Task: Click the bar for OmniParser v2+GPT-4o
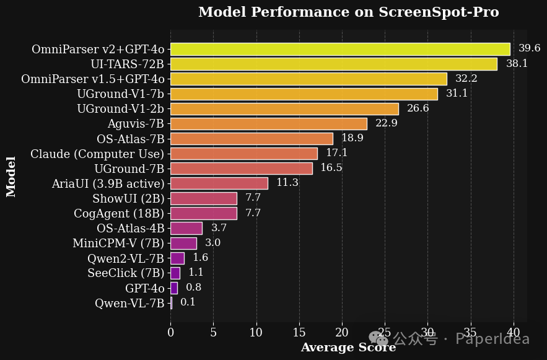tap(340, 49)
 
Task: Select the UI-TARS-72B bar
tap(333, 64)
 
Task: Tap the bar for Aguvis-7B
tap(268, 124)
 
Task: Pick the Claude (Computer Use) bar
tap(243, 154)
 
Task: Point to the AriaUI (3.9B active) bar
tap(219, 183)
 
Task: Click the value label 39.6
tap(530, 48)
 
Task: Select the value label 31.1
tap(457, 94)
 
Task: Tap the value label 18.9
tap(352, 138)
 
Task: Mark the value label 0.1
tap(188, 302)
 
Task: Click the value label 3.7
tap(219, 228)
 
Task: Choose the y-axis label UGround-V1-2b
tap(121, 109)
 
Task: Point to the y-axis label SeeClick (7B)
tap(126, 273)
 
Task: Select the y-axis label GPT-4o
tap(145, 288)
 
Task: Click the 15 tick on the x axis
tap(299, 333)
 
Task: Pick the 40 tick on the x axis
tap(514, 333)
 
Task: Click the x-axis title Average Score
tap(348, 348)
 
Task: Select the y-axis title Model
tap(11, 177)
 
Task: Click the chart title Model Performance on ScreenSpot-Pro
tap(348, 12)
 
